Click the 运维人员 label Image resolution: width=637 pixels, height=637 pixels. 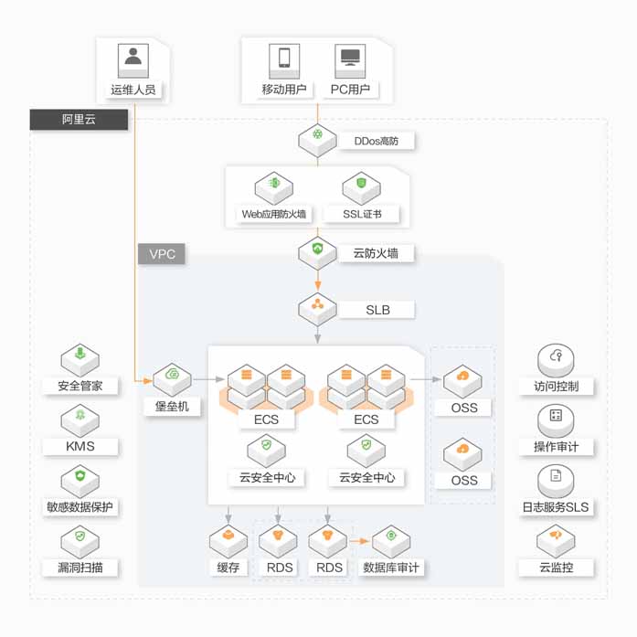pyautogui.click(x=133, y=90)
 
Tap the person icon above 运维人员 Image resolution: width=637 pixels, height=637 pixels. pyautogui.click(x=133, y=58)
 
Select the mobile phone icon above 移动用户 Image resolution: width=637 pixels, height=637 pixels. pyautogui.click(x=284, y=58)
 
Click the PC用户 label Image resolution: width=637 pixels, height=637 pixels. pyautogui.click(x=350, y=90)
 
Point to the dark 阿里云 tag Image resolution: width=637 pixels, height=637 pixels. pyautogui.click(x=79, y=120)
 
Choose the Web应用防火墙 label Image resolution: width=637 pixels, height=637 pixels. pyautogui.click(x=274, y=215)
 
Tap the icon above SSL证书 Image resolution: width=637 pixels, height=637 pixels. pyautogui.click(x=362, y=186)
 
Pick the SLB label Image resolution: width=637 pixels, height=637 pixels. pyautogui.click(x=377, y=310)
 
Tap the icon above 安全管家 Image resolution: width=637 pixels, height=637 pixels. pyautogui.click(x=80, y=357)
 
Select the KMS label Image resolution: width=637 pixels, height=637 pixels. pyautogui.click(x=80, y=447)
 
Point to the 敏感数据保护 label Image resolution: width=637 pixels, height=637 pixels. pyautogui.click(x=80, y=507)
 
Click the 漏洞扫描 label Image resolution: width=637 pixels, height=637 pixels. pyautogui.click(x=80, y=568)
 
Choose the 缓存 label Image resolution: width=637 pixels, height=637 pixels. pyautogui.click(x=228, y=568)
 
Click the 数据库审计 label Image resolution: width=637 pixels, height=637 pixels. pyautogui.click(x=392, y=568)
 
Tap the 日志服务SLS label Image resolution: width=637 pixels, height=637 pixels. pyautogui.click(x=556, y=507)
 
